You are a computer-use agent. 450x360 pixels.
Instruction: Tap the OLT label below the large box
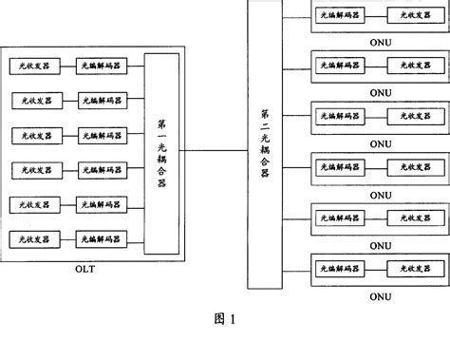click(x=85, y=269)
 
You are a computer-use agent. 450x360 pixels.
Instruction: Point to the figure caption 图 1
click(x=224, y=318)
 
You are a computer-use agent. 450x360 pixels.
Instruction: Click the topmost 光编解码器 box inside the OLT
click(x=100, y=66)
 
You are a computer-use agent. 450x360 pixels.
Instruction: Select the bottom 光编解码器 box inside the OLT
click(x=100, y=237)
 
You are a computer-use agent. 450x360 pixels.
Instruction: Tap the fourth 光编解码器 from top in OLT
click(x=100, y=169)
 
